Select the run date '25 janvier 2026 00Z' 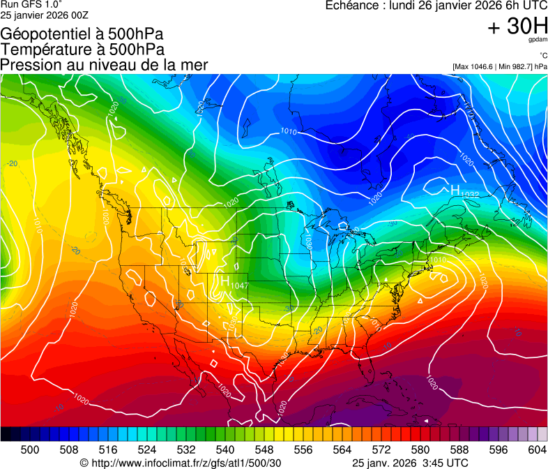[x=45, y=15]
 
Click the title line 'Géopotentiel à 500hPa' [x=82, y=33]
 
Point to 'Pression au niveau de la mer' [x=104, y=65]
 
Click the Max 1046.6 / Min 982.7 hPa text [x=499, y=66]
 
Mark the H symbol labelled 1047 [x=226, y=281]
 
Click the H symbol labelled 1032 [x=455, y=190]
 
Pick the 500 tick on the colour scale [x=30, y=449]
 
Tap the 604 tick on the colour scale [x=538, y=449]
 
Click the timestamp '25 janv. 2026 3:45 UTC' [x=410, y=463]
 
